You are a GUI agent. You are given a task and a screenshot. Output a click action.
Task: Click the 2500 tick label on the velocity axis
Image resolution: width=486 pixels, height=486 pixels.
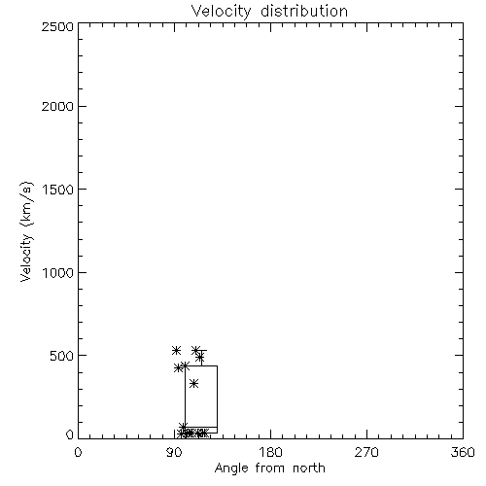click(57, 26)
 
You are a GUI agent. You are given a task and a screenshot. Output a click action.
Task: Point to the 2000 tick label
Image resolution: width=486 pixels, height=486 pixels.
click(57, 106)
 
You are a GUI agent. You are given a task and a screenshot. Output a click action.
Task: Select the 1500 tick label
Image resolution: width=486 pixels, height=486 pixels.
click(58, 190)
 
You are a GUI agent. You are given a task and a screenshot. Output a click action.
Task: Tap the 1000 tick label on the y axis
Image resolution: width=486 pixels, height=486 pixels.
click(58, 272)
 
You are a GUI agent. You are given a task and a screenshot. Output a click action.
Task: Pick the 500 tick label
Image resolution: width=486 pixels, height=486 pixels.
click(62, 356)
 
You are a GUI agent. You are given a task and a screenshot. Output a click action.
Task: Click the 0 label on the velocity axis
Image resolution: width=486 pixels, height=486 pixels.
click(70, 434)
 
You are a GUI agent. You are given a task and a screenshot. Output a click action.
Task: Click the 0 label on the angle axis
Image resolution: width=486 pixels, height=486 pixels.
click(78, 452)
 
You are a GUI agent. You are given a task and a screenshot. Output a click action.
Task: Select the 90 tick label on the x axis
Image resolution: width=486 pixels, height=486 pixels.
click(174, 452)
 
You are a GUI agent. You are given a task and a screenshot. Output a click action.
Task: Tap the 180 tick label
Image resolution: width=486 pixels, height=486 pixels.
click(270, 452)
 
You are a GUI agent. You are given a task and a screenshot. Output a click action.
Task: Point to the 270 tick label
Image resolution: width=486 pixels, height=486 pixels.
click(366, 452)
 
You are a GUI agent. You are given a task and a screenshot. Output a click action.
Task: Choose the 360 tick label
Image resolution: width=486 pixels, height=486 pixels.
click(463, 452)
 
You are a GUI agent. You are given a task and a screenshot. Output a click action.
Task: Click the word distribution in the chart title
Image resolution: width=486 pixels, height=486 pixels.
click(304, 11)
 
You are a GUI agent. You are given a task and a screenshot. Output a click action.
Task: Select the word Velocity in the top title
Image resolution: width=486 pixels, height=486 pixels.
click(222, 12)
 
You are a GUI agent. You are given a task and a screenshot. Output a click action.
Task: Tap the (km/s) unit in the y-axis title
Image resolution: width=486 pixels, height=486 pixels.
click(26, 204)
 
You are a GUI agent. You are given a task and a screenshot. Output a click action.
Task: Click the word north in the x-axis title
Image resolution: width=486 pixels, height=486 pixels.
click(309, 469)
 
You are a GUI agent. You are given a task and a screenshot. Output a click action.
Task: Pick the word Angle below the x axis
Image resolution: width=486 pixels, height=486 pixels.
click(231, 469)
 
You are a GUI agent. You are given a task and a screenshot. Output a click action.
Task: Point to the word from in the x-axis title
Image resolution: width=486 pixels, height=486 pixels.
click(271, 469)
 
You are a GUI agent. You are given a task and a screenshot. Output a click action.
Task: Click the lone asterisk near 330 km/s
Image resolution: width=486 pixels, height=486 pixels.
click(193, 384)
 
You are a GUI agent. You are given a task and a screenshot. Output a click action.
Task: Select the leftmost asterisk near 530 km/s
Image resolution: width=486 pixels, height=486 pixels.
click(176, 350)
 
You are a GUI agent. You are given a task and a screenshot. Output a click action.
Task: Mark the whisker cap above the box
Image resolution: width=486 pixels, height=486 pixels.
click(201, 351)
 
